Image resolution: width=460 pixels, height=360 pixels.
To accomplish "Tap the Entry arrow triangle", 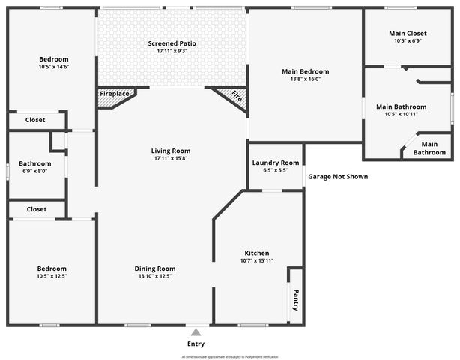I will click(x=196, y=332).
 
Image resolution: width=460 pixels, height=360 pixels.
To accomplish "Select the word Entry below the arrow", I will click(x=196, y=343).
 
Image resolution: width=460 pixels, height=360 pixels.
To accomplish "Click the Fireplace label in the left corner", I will click(x=113, y=94).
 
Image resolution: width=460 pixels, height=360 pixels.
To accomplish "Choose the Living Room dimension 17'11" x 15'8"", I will click(x=171, y=159).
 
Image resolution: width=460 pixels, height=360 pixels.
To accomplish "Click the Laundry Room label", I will click(x=275, y=163).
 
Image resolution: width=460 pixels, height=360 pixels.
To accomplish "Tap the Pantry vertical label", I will click(x=295, y=299).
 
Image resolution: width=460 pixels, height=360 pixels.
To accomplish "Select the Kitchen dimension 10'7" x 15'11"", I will click(x=257, y=261).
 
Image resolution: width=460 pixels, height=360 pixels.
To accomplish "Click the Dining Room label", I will click(x=155, y=268).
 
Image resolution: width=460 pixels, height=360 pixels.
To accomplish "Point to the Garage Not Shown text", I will click(x=337, y=177).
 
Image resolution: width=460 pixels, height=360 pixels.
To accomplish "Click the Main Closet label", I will click(x=407, y=34).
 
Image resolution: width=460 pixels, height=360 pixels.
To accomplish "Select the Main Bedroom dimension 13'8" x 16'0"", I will click(x=305, y=79).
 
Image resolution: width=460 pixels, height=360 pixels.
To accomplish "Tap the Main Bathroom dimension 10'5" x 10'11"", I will click(x=401, y=114).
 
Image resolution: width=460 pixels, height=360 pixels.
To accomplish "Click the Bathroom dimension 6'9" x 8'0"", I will click(x=34, y=171).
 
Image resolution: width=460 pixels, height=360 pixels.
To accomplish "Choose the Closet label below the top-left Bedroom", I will click(x=35, y=120).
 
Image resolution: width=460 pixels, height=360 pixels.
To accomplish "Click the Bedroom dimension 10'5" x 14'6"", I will click(x=53, y=67).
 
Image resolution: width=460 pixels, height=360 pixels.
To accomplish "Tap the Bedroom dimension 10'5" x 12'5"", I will click(x=52, y=276).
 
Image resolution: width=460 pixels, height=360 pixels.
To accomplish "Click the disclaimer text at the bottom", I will click(x=230, y=356).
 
